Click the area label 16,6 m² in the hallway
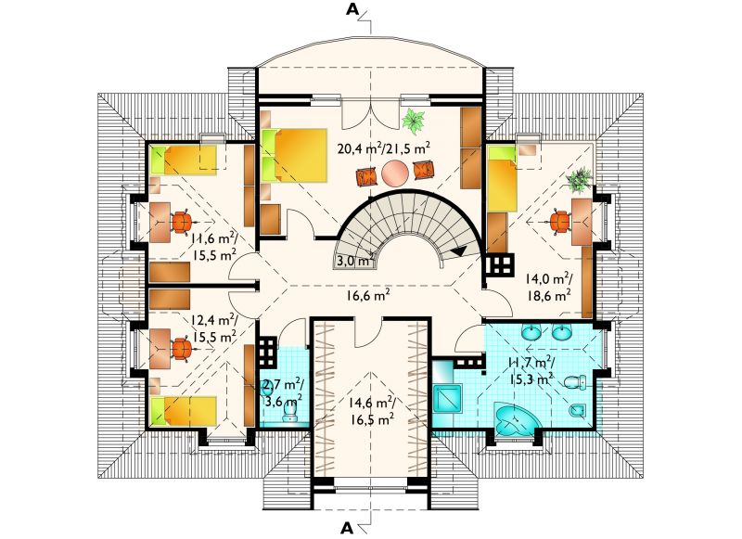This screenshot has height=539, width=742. point(367,297)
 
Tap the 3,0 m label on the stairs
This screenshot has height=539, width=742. point(352,261)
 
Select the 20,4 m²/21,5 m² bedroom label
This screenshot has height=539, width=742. point(384,148)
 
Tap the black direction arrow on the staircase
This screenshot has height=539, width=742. point(458,251)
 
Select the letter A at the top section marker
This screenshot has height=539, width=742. point(352,9)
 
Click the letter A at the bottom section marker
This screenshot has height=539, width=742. point(348,527)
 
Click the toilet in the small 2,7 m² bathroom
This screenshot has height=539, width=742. point(288,415)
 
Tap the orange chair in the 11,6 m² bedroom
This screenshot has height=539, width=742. point(181,222)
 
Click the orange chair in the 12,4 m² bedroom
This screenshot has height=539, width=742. point(181,349)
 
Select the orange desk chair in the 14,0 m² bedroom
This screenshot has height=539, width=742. point(561,222)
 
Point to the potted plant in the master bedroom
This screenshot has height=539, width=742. point(413,121)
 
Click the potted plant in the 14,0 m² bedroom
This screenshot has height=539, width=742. point(579,179)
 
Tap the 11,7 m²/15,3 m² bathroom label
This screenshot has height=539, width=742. point(531,371)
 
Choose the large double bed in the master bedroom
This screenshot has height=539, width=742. point(294,155)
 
